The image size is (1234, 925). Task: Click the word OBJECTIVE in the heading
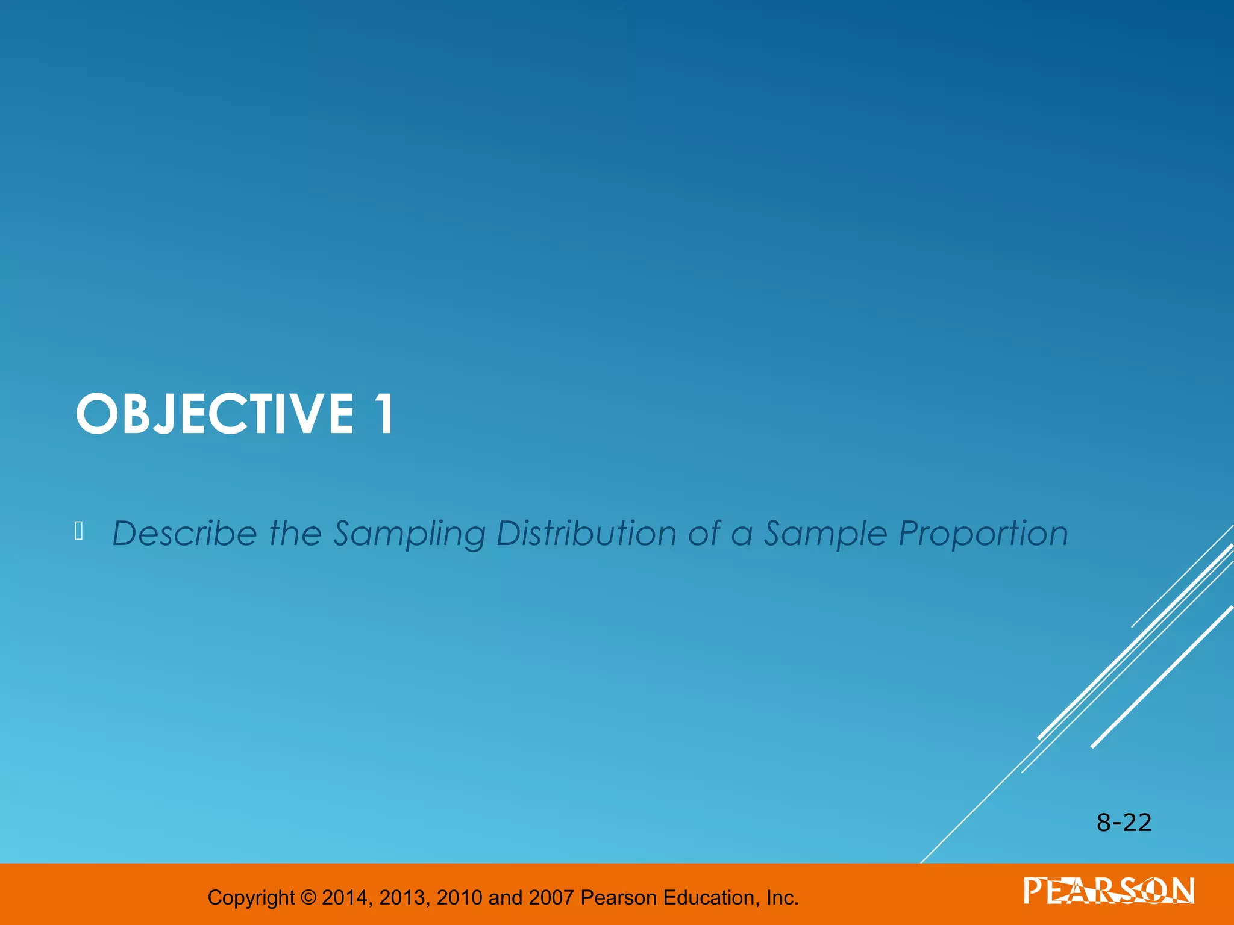coord(215,414)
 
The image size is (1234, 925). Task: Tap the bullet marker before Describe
coord(78,531)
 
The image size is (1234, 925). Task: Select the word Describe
coord(184,534)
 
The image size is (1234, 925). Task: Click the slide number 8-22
coord(1124,823)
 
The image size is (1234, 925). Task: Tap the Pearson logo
coord(1109,891)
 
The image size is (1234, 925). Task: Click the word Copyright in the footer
coord(251,898)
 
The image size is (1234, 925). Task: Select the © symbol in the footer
coord(308,897)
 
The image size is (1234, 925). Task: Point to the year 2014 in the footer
coord(346,897)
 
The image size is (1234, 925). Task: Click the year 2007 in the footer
coord(551,897)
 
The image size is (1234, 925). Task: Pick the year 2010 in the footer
coord(459,897)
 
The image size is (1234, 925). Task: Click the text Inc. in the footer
coord(782,897)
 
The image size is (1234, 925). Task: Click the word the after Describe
coord(295,534)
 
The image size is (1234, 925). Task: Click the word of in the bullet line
coord(704,534)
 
